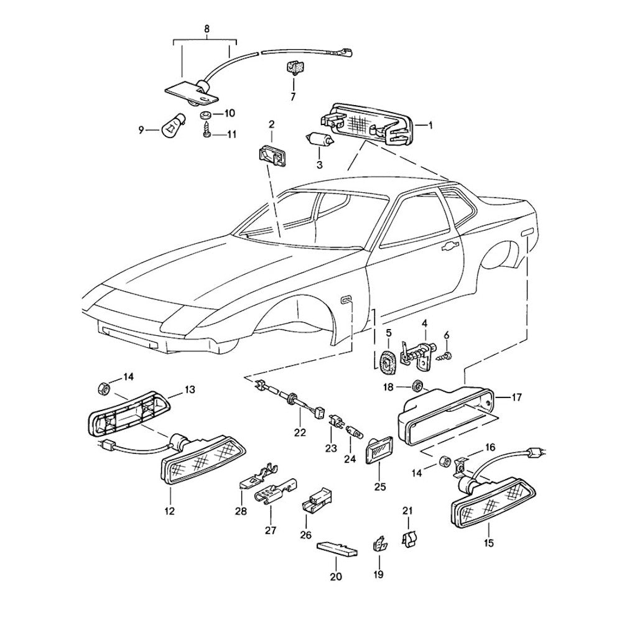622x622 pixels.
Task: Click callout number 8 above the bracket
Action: [x=207, y=29]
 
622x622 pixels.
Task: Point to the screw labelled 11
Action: [x=207, y=132]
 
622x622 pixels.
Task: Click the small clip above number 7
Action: [x=294, y=67]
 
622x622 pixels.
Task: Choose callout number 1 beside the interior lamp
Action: [x=430, y=125]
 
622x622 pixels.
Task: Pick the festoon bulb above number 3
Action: [x=320, y=140]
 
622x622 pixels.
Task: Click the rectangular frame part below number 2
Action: [x=274, y=156]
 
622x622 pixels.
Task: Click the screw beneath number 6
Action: [x=446, y=357]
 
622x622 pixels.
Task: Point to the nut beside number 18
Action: [x=419, y=384]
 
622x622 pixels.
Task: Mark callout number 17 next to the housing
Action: [x=516, y=396]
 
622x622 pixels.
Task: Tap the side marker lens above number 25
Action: [x=379, y=450]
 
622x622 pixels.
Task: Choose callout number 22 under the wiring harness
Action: [x=300, y=432]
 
